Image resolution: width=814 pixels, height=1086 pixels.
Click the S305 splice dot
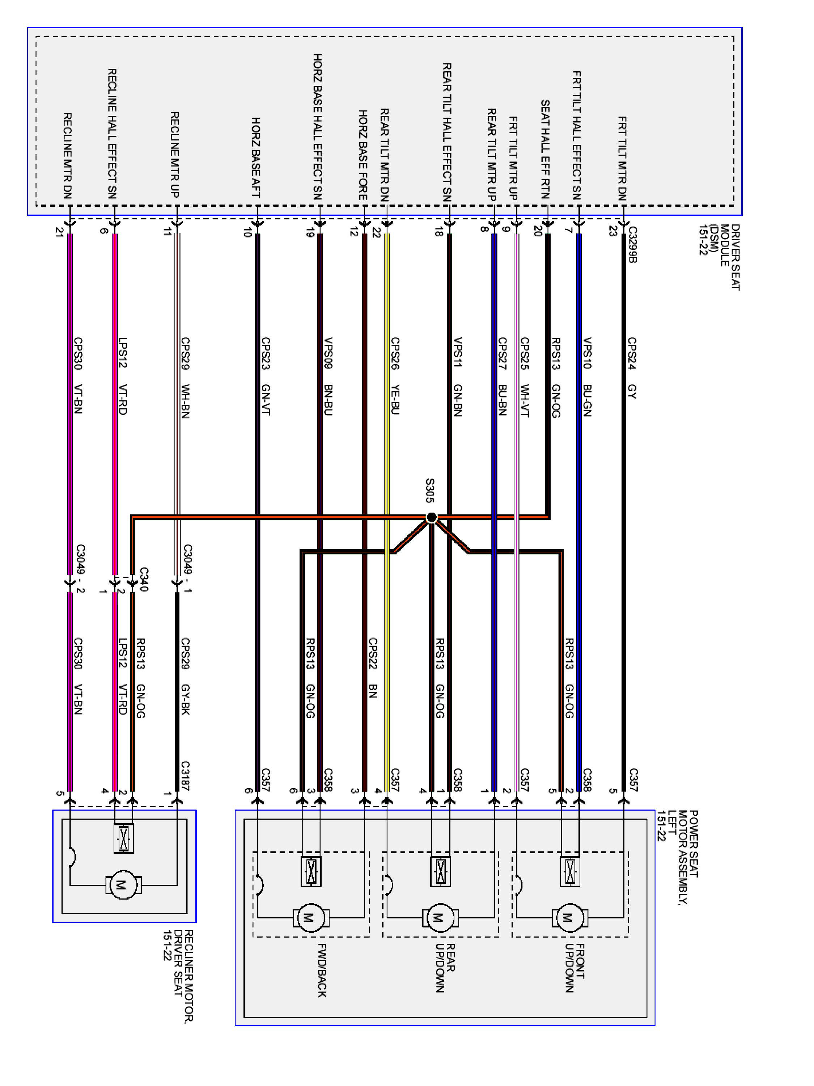[431, 517]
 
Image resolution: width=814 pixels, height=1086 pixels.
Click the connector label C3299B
[632, 244]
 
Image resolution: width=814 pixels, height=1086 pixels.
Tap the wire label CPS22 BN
[373, 668]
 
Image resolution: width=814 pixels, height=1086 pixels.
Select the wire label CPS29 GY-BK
[186, 676]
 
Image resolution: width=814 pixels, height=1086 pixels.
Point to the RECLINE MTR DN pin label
[68, 156]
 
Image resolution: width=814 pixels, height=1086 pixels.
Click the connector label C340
[144, 579]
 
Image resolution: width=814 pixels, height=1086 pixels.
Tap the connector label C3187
[186, 776]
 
